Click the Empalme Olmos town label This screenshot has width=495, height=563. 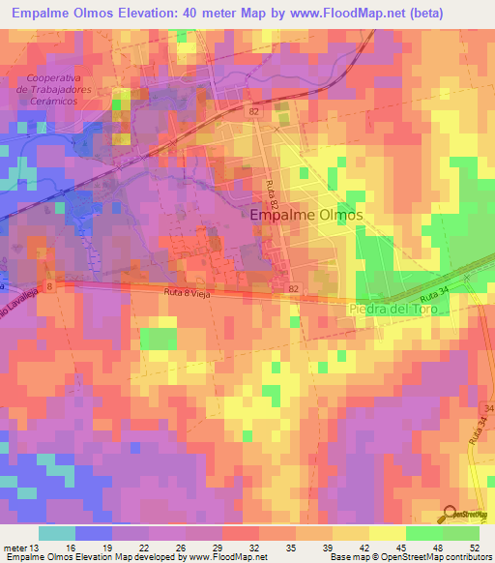point(306,216)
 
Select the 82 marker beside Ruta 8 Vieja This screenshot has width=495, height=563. point(293,288)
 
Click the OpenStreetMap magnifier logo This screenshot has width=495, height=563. point(451,514)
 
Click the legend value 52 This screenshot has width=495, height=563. point(474,547)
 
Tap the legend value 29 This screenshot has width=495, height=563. point(229,547)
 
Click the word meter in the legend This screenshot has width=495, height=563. point(16,547)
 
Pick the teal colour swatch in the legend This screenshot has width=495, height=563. point(57,532)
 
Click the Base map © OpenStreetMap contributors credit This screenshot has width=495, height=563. point(410,557)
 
